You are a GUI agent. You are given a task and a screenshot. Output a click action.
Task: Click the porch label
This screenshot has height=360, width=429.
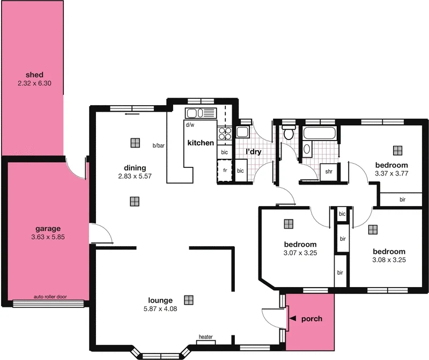click(312, 319)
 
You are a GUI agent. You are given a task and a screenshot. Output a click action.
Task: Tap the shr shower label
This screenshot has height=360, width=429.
click(329, 172)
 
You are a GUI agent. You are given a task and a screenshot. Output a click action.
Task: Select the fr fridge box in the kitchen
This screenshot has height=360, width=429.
click(224, 172)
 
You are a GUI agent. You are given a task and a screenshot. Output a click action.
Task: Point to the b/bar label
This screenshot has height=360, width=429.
click(158, 145)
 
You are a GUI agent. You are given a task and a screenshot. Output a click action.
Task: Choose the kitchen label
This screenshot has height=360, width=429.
click(201, 143)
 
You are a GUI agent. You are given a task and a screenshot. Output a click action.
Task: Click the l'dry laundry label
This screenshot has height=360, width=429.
click(253, 152)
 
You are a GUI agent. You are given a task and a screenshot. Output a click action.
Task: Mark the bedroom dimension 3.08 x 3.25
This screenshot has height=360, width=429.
click(388, 260)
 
